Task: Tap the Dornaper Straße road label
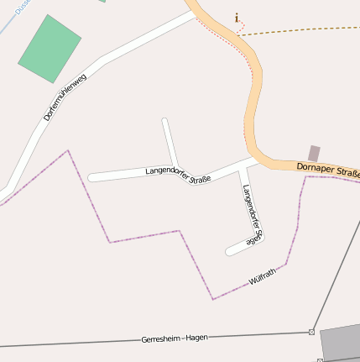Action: coord(328,170)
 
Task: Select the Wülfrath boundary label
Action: coord(263,278)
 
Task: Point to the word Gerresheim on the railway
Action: coord(162,339)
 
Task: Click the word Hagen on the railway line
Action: coord(196,337)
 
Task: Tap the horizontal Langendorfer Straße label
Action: coord(177,175)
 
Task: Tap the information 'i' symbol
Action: coord(237,17)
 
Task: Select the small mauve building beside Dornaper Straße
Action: coord(314,153)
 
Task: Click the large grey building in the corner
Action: coord(342,343)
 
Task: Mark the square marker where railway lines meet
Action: coord(311,332)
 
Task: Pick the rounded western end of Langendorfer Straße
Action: coord(92,178)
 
